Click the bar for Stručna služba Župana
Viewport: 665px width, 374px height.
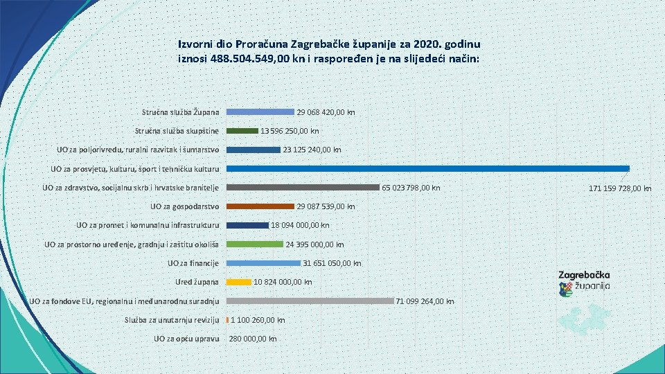pyautogui.click(x=260, y=112)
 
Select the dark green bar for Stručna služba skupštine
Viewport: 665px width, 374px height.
pyautogui.click(x=242, y=130)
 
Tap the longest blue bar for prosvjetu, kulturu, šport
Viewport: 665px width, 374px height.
pyautogui.click(x=428, y=168)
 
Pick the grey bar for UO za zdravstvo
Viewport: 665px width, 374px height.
pyautogui.click(x=303, y=187)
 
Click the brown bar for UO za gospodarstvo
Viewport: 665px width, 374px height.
pyautogui.click(x=260, y=206)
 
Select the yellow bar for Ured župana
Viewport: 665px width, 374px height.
pyautogui.click(x=239, y=282)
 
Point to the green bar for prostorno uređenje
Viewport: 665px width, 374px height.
pyautogui.click(x=256, y=244)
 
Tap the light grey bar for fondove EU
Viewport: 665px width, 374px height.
pyautogui.click(x=310, y=301)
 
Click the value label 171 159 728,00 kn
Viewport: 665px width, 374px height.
pyautogui.click(x=620, y=188)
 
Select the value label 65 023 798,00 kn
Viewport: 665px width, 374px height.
pyautogui.click(x=411, y=188)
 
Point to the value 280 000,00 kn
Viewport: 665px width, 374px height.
pyautogui.click(x=253, y=339)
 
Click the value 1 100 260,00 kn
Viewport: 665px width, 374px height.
pyautogui.click(x=258, y=320)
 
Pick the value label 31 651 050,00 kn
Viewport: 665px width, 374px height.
pyautogui.click(x=333, y=263)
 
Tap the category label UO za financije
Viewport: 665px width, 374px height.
pyautogui.click(x=193, y=263)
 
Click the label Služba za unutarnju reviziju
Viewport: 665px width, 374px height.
pyautogui.click(x=172, y=320)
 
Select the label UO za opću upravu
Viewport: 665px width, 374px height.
pyautogui.click(x=186, y=339)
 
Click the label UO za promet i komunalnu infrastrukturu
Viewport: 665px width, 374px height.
pyautogui.click(x=148, y=225)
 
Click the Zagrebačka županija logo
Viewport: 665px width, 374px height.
pyautogui.click(x=584, y=281)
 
